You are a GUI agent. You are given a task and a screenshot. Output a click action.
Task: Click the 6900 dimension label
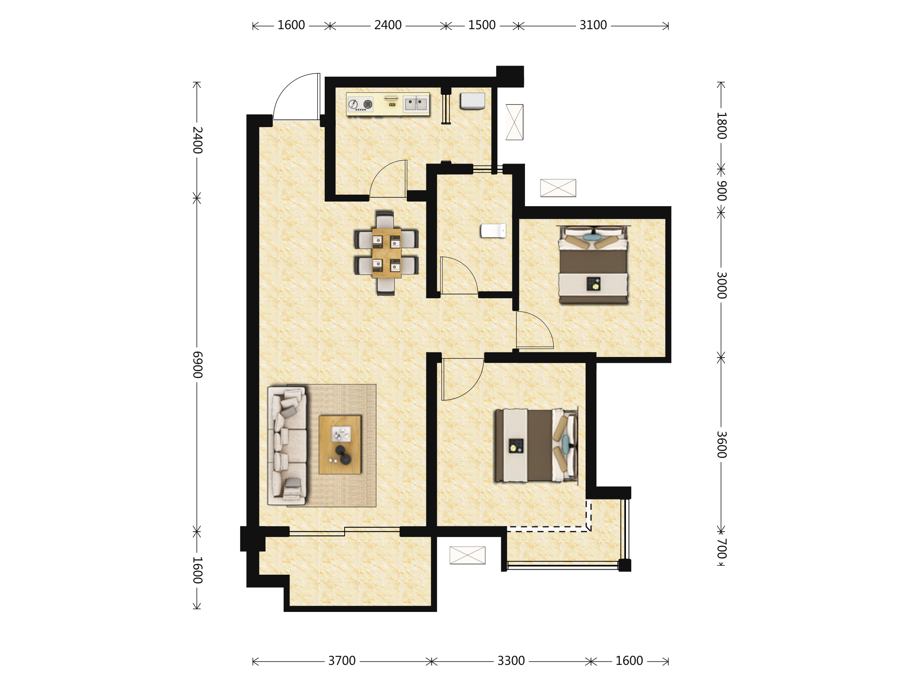(197, 364)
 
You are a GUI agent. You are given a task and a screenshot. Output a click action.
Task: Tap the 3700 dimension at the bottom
(342, 661)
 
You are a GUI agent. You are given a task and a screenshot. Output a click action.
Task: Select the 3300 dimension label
(511, 661)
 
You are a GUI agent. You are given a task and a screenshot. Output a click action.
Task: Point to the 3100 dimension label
(593, 25)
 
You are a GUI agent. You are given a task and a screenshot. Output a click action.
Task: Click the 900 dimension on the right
(721, 191)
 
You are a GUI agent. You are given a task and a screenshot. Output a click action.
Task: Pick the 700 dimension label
(721, 549)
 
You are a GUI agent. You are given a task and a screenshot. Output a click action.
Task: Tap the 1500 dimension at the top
(482, 25)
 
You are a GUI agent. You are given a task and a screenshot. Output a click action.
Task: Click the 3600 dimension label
(721, 445)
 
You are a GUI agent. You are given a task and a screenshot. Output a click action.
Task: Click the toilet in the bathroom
(494, 231)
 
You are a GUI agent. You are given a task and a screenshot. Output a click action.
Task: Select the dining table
(386, 253)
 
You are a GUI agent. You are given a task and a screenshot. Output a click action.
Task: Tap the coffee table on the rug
(340, 445)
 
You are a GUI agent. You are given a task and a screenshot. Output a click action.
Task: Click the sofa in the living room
(287, 446)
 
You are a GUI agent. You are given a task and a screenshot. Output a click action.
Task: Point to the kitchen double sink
(416, 104)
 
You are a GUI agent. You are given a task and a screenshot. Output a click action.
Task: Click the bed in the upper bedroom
(593, 264)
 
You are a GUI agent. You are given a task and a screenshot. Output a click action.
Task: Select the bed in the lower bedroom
(536, 446)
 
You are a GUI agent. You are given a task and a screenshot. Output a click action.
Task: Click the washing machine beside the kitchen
(472, 101)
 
